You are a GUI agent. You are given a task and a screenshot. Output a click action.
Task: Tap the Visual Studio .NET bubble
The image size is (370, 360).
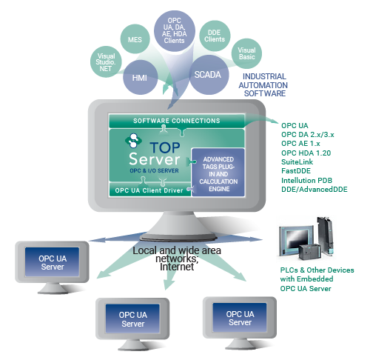[x=107, y=61]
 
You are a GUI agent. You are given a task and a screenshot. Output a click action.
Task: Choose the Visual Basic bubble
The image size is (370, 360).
[x=246, y=54]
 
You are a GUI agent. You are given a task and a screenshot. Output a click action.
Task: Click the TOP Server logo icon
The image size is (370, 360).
[x=133, y=140]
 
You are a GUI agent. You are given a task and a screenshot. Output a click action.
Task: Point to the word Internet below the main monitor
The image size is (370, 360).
[x=177, y=267]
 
